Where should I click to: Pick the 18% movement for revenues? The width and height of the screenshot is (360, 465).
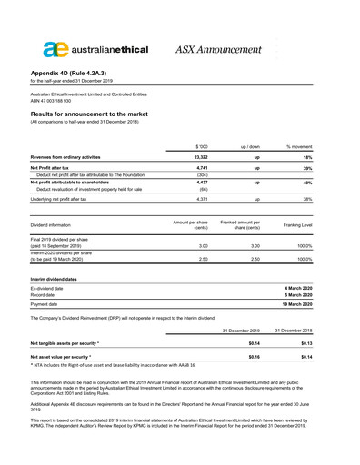[x=330, y=157]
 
